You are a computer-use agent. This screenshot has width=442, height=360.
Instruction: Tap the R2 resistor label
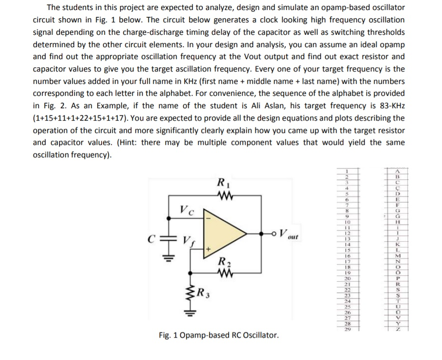(222, 261)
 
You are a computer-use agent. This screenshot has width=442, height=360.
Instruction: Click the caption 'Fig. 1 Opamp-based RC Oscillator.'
(219, 335)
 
